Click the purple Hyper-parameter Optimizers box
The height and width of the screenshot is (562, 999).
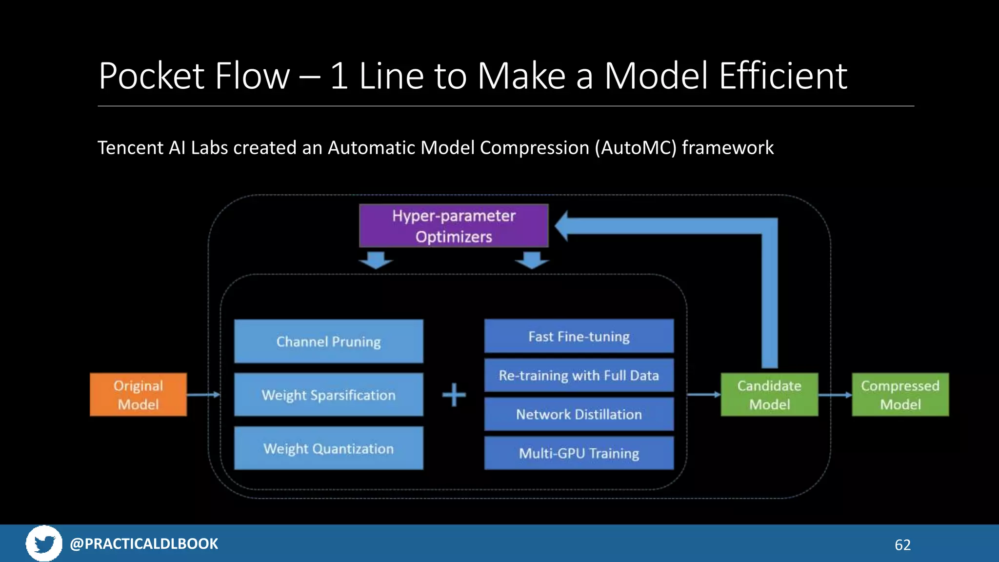pyautogui.click(x=454, y=226)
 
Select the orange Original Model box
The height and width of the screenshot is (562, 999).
pyautogui.click(x=138, y=395)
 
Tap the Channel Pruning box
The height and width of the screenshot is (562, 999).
pyautogui.click(x=328, y=341)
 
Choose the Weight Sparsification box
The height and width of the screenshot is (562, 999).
pyautogui.click(x=328, y=395)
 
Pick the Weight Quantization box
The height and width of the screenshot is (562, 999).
pyautogui.click(x=328, y=448)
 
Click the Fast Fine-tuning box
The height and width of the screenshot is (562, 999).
pyautogui.click(x=579, y=336)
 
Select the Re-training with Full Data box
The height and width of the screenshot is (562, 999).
pyautogui.click(x=579, y=375)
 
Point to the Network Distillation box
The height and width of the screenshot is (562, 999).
pyautogui.click(x=579, y=414)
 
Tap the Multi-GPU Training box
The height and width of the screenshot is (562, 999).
pyautogui.click(x=579, y=453)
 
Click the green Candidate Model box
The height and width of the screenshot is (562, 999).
pyautogui.click(x=769, y=395)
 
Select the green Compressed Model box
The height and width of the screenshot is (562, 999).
pyautogui.click(x=900, y=395)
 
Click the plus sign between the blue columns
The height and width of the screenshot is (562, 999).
pyautogui.click(x=454, y=395)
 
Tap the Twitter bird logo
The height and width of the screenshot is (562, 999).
pyautogui.click(x=44, y=543)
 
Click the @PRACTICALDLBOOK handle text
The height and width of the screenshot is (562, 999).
pyautogui.click(x=144, y=543)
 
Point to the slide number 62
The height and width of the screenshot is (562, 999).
pyautogui.click(x=902, y=545)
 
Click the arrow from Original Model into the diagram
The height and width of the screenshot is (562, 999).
pyautogui.click(x=203, y=395)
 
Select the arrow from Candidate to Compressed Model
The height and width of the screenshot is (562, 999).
pyautogui.click(x=835, y=395)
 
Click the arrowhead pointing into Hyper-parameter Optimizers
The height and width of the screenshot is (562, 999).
pyautogui.click(x=562, y=226)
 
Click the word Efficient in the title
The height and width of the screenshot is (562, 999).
pyautogui.click(x=783, y=76)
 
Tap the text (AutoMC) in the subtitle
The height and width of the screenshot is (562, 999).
pyautogui.click(x=636, y=148)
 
